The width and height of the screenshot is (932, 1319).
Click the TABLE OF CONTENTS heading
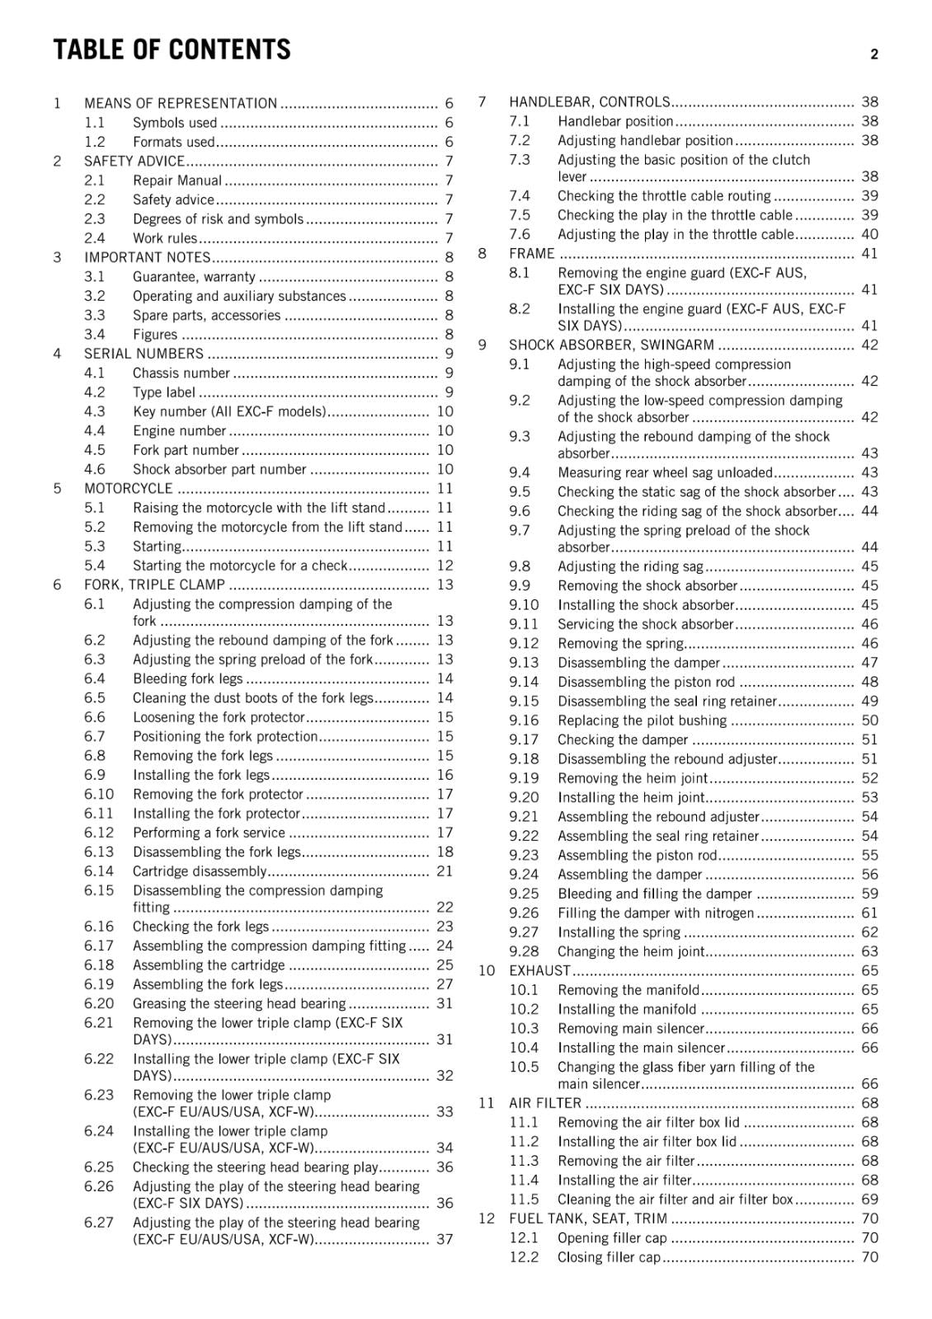click(172, 50)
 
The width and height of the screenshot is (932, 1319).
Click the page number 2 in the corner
click(874, 54)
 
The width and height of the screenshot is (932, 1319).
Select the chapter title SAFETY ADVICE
click(134, 162)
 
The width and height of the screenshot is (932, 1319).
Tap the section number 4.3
click(94, 411)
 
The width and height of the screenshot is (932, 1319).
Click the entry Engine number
click(179, 431)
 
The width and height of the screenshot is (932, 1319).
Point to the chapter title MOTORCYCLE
click(128, 489)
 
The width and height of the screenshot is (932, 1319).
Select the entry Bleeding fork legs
click(187, 679)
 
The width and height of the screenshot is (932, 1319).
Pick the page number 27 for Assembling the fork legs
click(445, 984)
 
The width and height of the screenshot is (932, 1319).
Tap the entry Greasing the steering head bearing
click(239, 1004)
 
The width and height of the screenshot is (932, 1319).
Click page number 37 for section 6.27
click(445, 1239)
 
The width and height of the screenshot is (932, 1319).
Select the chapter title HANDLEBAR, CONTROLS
click(589, 102)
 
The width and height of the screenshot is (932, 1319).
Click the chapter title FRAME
click(531, 254)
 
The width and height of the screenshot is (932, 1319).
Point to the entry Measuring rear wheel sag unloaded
click(665, 473)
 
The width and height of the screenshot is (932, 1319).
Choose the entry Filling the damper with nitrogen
click(656, 913)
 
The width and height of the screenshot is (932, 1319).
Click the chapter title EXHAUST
click(539, 971)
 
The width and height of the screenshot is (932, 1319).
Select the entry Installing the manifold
click(627, 1010)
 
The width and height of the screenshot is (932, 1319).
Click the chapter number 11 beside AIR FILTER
click(486, 1103)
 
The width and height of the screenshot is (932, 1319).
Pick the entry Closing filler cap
click(609, 1258)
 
